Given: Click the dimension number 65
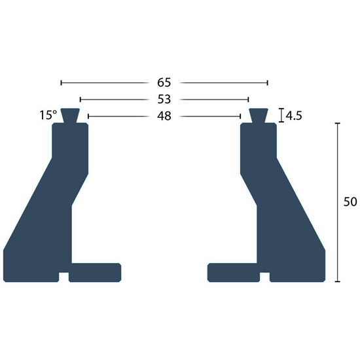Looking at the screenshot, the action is coord(164,82).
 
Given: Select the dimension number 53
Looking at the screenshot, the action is coord(164,99).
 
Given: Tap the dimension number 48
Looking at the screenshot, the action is coord(164,117).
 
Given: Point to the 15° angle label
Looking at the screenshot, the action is coord(48,115).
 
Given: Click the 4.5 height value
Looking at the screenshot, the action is coord(294,116).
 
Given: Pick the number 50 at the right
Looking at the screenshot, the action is coord(350,202).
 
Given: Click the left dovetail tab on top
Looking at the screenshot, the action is coord(70,116).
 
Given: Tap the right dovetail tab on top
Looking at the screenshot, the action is coord(259,116).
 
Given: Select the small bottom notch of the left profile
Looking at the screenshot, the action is coord(63,277).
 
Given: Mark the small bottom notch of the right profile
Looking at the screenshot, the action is coord(264,277).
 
